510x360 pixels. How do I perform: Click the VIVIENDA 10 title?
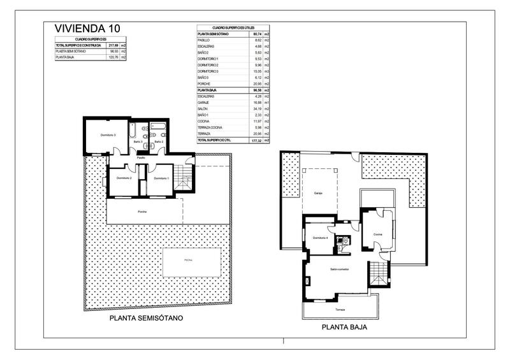(x=87, y=27)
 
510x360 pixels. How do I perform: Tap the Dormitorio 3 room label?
(x=107, y=134)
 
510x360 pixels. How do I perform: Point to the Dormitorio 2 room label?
(x=124, y=178)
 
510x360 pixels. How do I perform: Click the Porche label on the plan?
(x=143, y=211)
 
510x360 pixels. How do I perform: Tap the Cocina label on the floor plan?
(x=377, y=234)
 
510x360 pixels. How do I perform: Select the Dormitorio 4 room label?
(x=321, y=238)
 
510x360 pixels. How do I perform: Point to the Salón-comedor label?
(x=339, y=270)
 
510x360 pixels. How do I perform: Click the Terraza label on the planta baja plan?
(x=340, y=310)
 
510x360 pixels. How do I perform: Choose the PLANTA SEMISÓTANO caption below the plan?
(x=147, y=317)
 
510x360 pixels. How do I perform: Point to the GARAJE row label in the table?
(x=205, y=103)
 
